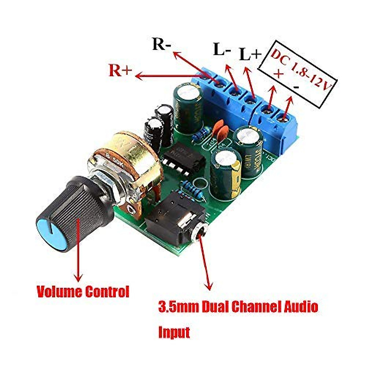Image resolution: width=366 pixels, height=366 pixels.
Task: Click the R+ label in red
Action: click(120, 70)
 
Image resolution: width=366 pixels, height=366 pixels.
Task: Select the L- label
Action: click(222, 49)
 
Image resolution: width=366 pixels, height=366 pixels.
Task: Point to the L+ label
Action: click(250, 54)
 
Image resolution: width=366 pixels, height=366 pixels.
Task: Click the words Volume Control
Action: click(83, 292)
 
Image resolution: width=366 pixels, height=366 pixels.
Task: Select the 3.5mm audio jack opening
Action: click(200, 237)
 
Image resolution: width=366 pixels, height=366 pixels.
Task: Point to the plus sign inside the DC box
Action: click(278, 74)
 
